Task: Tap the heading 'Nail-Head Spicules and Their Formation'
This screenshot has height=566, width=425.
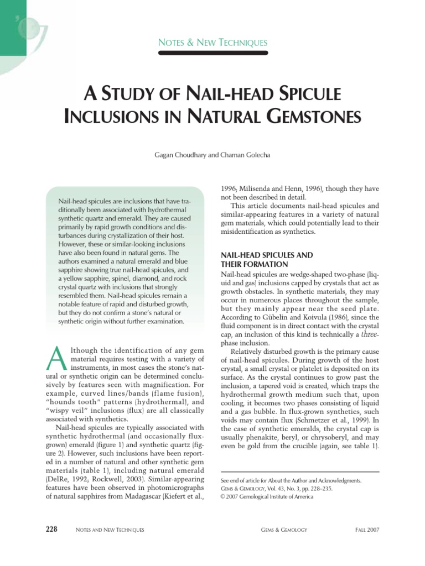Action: (267, 259)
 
